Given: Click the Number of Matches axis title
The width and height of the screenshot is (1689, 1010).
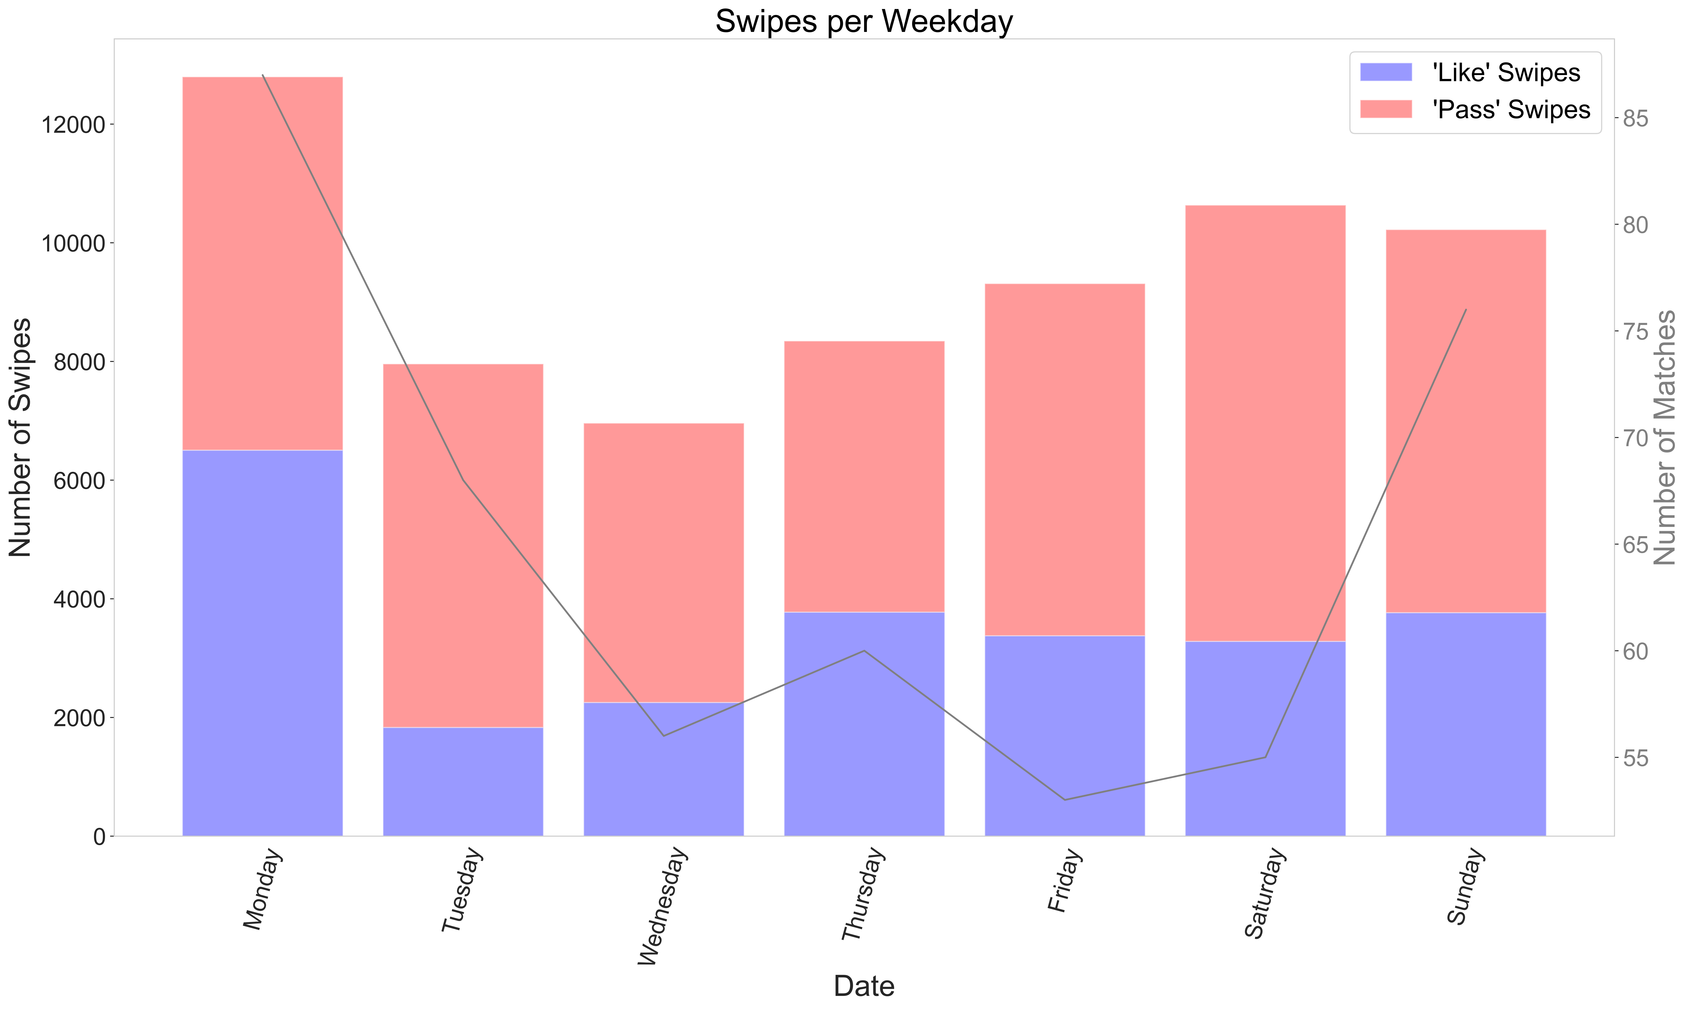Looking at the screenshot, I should click(1665, 438).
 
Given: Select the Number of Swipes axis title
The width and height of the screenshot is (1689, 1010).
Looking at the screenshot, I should click(20, 438).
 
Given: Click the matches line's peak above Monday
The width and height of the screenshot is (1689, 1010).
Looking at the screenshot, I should click(263, 75).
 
